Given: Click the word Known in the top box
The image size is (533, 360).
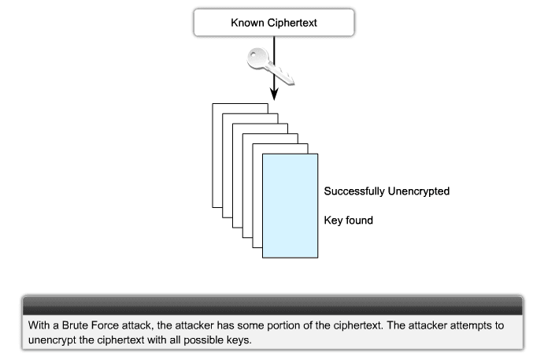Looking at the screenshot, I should (x=247, y=22).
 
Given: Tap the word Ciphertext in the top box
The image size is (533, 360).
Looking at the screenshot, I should (x=291, y=22).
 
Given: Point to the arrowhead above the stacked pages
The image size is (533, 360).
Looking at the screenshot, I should (x=274, y=94).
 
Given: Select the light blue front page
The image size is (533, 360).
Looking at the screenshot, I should (x=290, y=205).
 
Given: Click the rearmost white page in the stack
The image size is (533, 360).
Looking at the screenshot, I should (x=217, y=142).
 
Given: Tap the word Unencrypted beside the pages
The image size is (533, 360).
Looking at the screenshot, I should (x=420, y=191).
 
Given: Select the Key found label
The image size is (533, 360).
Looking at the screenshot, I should (x=348, y=221).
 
